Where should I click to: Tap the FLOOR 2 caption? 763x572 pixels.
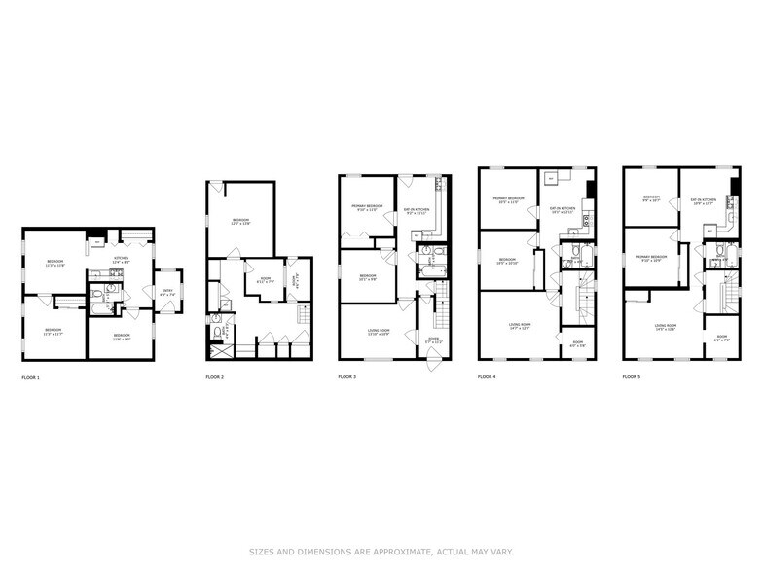215,375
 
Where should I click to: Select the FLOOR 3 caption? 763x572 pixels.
347,375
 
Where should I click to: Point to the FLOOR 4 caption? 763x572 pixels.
488,375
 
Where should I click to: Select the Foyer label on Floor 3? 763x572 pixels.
434,340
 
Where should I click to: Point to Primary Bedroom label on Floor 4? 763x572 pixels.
509,200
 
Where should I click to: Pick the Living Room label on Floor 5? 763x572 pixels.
666,327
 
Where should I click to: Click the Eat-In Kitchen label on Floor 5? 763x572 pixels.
703,202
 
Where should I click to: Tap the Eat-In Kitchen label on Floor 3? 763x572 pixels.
416,209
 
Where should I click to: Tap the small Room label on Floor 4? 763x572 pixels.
576,342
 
